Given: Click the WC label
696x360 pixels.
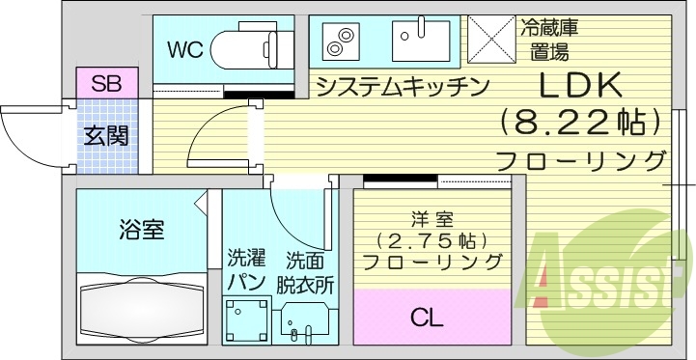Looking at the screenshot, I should (184, 50).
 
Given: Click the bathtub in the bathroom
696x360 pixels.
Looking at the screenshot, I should (142, 311).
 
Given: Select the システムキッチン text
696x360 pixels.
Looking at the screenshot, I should (400, 87).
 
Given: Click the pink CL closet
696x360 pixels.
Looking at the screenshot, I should (431, 316).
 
